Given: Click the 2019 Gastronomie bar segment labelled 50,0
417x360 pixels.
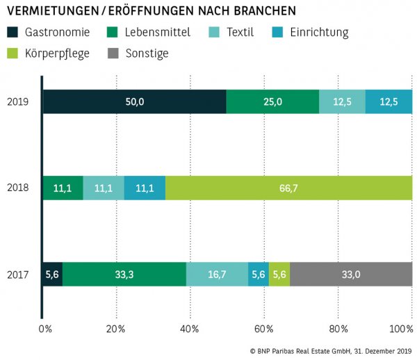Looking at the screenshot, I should pyautogui.click(x=134, y=101).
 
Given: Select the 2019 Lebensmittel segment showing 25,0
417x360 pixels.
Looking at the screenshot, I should pyautogui.click(x=272, y=101).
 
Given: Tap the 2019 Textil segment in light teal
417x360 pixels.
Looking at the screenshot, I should pyautogui.click(x=342, y=101).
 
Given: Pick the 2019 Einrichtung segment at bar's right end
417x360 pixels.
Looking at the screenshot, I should pyautogui.click(x=389, y=101).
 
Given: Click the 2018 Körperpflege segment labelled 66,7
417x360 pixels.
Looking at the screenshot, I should pyautogui.click(x=288, y=188).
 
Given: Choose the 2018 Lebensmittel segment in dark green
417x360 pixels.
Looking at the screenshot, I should pyautogui.click(x=63, y=188).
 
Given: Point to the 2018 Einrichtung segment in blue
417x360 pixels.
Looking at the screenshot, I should pyautogui.click(x=145, y=188).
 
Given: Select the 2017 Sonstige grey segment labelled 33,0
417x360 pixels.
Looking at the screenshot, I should pyautogui.click(x=351, y=275).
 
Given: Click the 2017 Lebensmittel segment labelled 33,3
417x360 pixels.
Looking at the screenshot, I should pyautogui.click(x=124, y=275).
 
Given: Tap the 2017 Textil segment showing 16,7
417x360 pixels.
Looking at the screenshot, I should pyautogui.click(x=217, y=275).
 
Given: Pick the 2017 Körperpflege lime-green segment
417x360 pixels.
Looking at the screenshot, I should pyautogui.click(x=279, y=275).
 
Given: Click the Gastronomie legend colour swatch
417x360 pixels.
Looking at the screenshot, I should pyautogui.click(x=13, y=32).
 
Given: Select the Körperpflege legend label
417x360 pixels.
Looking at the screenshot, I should pyautogui.click(x=57, y=53).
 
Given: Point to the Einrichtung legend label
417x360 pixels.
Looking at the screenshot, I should pyautogui.click(x=320, y=32).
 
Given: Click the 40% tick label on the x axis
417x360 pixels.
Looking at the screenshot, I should pyautogui.click(x=190, y=328).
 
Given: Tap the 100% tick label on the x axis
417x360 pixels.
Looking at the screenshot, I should pyautogui.click(x=402, y=328).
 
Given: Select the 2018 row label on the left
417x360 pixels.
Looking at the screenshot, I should pyautogui.click(x=17, y=188).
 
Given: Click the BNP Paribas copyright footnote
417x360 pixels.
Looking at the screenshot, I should pyautogui.click(x=331, y=350).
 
